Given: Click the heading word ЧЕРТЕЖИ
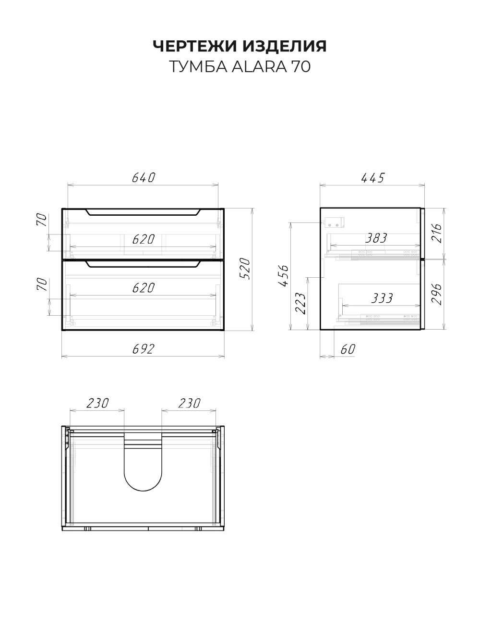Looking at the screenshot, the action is tap(194, 46).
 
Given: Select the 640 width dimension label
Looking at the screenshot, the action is tap(144, 178).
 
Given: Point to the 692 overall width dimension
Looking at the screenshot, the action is tap(143, 349).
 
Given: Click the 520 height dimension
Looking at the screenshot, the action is tap(246, 269).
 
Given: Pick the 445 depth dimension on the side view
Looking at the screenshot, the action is tap(373, 178).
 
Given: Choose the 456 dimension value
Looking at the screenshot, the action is tap(283, 276).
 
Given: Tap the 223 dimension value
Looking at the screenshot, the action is tap(300, 303).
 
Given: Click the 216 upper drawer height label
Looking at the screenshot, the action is tap(437, 233).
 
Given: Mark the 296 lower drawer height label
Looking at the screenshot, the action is tap(437, 294).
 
